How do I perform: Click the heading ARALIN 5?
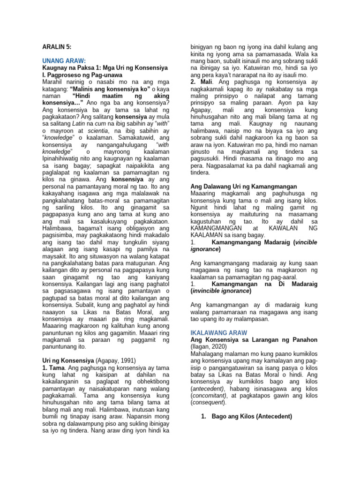point(55,46)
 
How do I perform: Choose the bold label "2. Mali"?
point(199,82)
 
